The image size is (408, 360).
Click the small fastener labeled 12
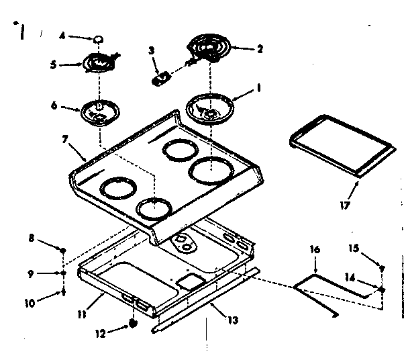click(x=133, y=324)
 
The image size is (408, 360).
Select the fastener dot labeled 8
click(x=63, y=250)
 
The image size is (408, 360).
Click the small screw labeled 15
click(x=381, y=269)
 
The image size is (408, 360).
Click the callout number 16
click(x=315, y=249)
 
